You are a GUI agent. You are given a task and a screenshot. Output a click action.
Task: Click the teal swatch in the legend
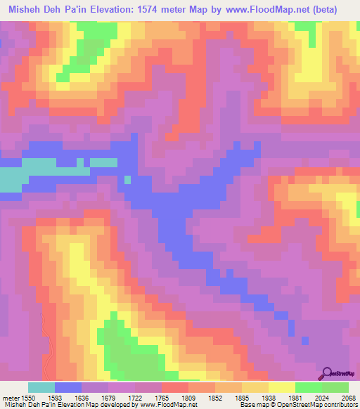tap(41, 387)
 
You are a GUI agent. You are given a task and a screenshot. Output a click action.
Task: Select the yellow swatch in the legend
tap(281, 387)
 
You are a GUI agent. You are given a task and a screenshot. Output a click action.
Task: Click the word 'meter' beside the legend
tap(10, 397)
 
